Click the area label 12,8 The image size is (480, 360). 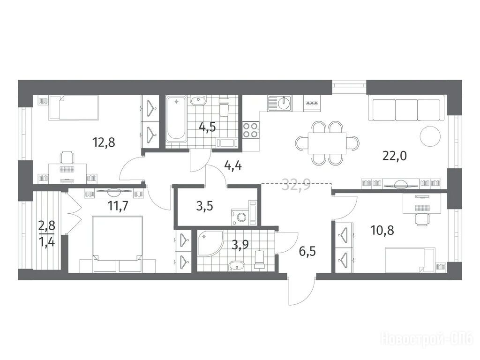104,142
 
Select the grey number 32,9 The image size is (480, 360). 296,185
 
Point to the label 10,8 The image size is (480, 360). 382,230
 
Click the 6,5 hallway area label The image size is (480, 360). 307,252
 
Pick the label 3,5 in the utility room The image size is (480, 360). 204,206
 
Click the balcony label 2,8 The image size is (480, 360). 47,225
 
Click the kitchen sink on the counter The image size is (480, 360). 280,104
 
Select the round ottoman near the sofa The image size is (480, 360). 430,136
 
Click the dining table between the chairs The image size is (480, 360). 327,143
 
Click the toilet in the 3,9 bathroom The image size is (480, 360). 259,260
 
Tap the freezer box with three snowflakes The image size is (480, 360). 312,104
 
